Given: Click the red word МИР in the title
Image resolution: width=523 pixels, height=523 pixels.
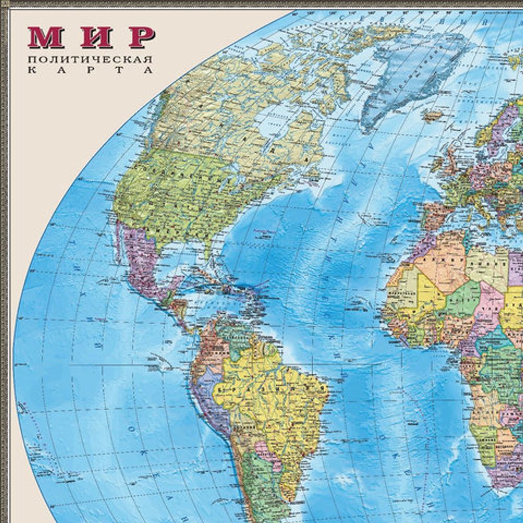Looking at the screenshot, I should [x=92, y=37].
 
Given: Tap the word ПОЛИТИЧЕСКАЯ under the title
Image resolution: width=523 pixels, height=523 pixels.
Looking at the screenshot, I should [x=92, y=58].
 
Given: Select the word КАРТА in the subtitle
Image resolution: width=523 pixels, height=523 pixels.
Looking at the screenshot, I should [x=92, y=70].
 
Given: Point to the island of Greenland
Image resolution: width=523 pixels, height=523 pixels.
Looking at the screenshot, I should [x=413, y=68].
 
